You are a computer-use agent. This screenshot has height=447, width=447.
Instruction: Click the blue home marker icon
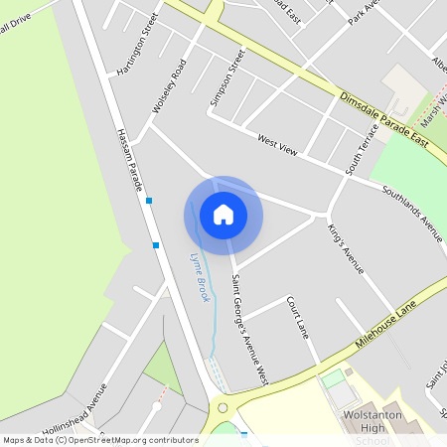click(223, 214)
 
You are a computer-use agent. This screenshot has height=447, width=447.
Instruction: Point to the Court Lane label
click(298, 315)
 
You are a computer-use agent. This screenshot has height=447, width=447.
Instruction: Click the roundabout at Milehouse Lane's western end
click(223, 407)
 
